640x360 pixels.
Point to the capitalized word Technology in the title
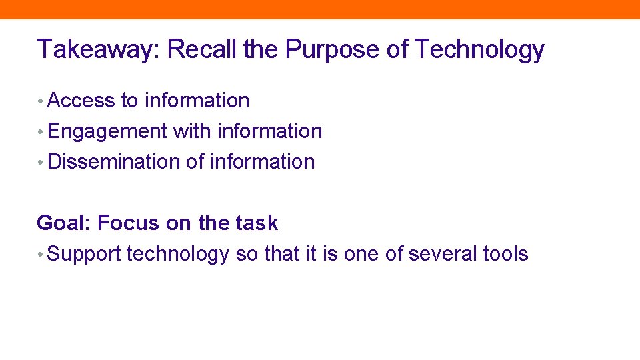click(x=479, y=49)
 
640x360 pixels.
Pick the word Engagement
click(x=107, y=131)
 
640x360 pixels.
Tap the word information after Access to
click(x=197, y=101)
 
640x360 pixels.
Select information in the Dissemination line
click(x=262, y=162)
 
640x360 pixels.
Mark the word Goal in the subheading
click(x=63, y=223)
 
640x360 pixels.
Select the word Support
click(x=84, y=254)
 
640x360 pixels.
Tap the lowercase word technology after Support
click(x=177, y=254)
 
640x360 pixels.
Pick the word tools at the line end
click(x=505, y=254)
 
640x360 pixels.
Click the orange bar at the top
click(x=320, y=9)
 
